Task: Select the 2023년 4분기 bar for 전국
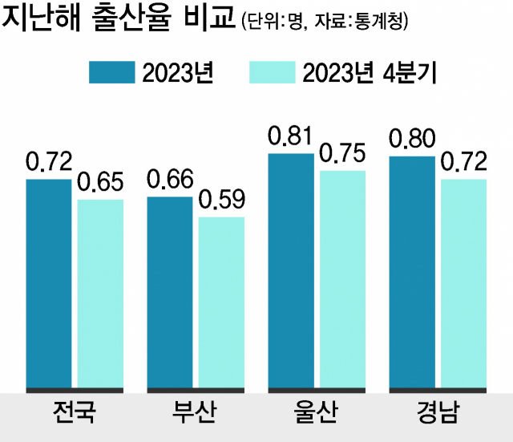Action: pos(100,294)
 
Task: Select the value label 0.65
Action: pos(101,182)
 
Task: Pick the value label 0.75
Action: pos(342,153)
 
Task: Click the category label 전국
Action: pos(73,415)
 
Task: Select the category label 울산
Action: pos(316,415)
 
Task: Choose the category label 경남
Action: pos(437,415)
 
